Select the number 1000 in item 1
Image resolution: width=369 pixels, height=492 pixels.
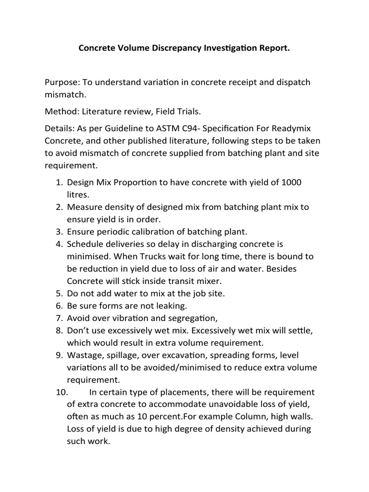[292, 183]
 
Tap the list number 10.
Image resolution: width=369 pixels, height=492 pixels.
[62, 392]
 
